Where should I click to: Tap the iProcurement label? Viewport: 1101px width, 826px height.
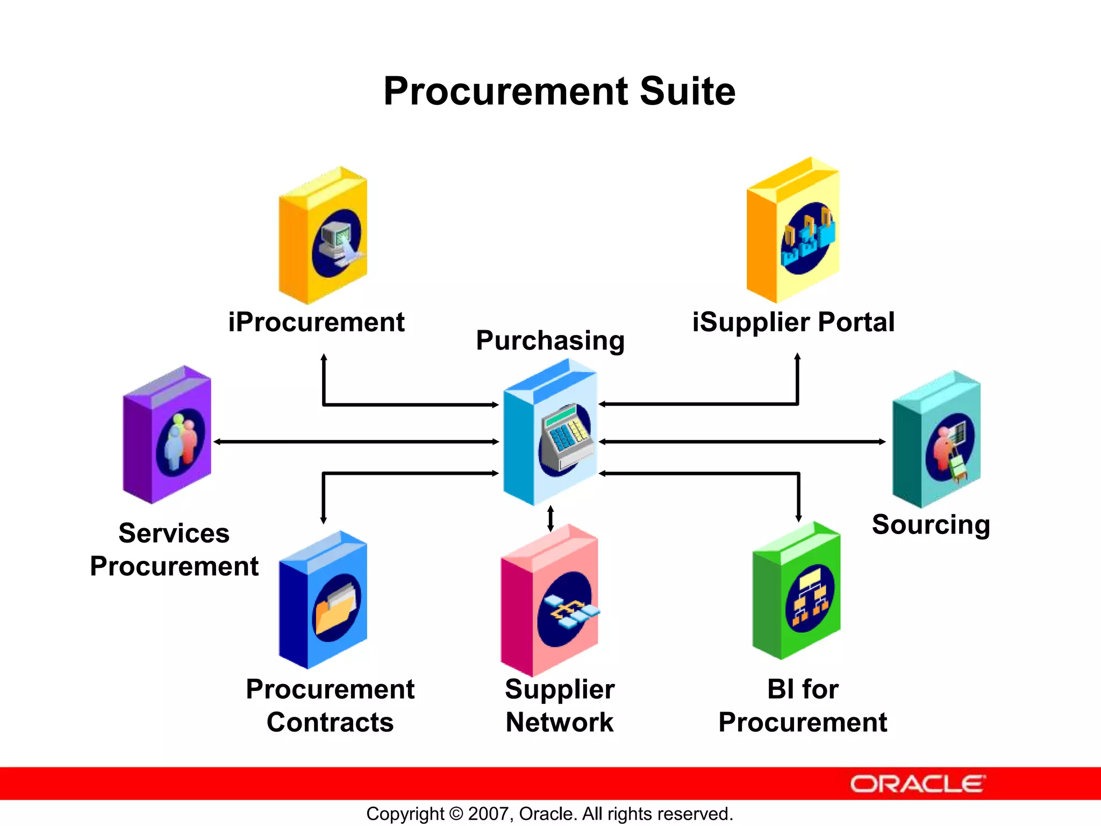click(316, 323)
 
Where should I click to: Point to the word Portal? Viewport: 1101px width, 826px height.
click(856, 323)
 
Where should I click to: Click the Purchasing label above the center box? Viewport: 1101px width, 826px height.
click(550, 341)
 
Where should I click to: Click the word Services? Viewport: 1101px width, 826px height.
click(174, 533)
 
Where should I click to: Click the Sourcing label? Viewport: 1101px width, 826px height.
click(931, 525)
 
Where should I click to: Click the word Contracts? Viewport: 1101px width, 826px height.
click(330, 722)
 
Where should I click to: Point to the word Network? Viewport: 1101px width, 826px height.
click(559, 722)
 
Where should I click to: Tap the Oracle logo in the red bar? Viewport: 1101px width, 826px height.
click(917, 784)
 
